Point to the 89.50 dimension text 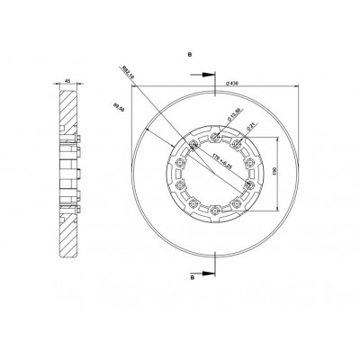(117, 106)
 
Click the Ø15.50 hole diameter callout (231, 115)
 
